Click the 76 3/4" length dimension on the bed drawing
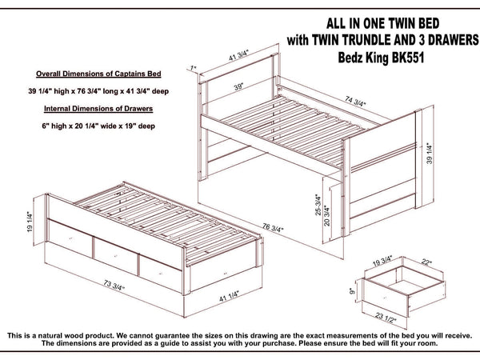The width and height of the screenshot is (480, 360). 273,228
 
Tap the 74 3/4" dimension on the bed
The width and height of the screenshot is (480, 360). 355,101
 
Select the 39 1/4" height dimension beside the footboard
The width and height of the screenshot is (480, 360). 430,154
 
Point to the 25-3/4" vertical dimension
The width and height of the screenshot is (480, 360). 318,205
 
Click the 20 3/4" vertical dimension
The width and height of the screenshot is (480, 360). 327,216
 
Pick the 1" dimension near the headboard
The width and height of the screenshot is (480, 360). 193,68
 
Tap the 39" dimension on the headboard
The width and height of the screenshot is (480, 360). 238,86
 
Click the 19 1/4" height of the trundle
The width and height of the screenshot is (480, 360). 30,222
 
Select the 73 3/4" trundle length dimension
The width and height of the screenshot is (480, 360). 114,286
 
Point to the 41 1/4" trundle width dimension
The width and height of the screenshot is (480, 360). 229,296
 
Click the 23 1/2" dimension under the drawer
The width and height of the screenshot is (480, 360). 386,318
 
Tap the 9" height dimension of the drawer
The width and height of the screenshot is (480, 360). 352,290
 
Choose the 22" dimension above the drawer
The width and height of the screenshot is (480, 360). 426,262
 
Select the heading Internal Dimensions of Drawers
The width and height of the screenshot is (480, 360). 98,109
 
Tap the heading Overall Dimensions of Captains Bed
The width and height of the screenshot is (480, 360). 98,74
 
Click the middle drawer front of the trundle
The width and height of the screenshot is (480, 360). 116,256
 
